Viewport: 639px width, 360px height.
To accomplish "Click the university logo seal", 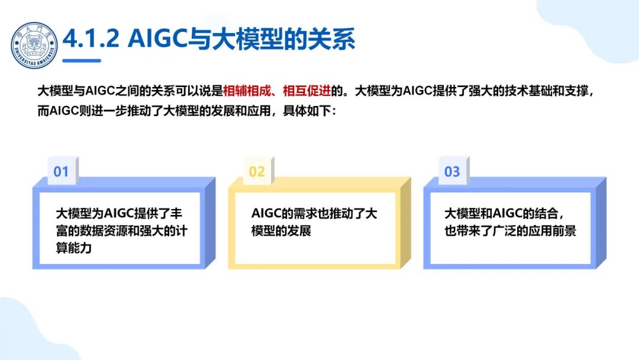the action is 34,45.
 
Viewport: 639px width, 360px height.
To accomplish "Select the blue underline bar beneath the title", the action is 82,60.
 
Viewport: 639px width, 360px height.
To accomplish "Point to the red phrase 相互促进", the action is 307,91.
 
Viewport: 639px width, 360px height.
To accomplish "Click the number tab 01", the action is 61,172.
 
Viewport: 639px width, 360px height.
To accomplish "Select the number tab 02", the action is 257,172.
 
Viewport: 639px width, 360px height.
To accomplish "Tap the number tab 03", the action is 452,172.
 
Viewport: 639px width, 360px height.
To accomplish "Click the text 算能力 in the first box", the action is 74,248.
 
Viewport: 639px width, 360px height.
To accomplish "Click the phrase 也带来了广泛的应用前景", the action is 510,230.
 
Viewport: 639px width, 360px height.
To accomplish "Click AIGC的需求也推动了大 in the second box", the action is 314,213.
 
